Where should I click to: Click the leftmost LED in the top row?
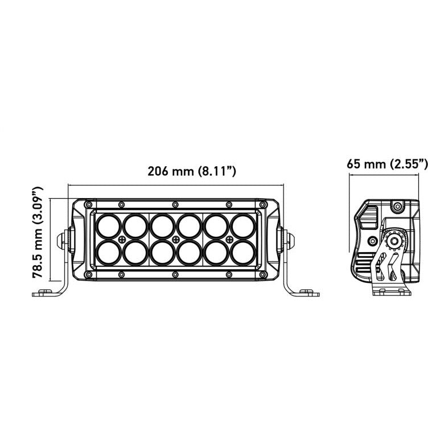pyautogui.click(x=108, y=225)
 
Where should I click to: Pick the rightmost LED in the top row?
pyautogui.click(x=242, y=225)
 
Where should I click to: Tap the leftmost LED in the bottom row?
pyautogui.click(x=108, y=250)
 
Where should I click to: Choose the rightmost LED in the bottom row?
pyautogui.click(x=242, y=250)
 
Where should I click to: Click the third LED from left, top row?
pyautogui.click(x=162, y=225)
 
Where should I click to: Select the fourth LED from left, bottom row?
pyautogui.click(x=189, y=250)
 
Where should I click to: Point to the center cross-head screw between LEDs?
pyautogui.click(x=175, y=238)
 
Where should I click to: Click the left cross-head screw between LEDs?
pyautogui.click(x=122, y=238)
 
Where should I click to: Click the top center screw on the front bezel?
pyautogui.click(x=175, y=204)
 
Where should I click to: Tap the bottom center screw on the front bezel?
pyautogui.click(x=175, y=275)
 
